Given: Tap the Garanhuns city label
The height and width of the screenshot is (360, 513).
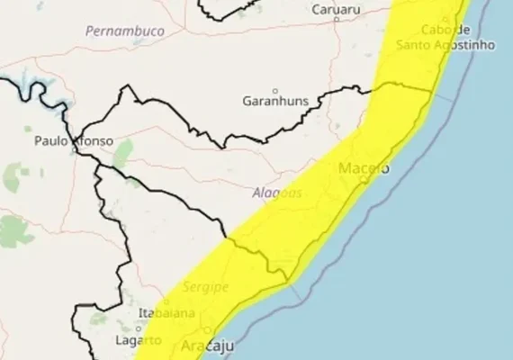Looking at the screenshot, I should [275, 102].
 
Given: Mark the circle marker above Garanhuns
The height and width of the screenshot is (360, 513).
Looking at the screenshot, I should [275, 89].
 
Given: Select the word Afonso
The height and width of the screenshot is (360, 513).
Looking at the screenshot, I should [93, 141].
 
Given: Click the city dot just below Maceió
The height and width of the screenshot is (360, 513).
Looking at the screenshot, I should [364, 180].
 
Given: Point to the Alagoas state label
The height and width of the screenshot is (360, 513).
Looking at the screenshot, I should [274, 193].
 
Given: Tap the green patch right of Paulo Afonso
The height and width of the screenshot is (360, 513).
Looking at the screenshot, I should [123, 150].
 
